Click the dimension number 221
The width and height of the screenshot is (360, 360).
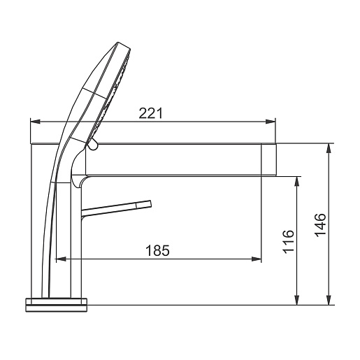(150, 113)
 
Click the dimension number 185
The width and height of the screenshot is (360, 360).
(157, 250)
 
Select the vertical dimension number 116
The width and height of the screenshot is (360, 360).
(288, 242)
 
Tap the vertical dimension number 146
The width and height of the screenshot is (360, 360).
(320, 225)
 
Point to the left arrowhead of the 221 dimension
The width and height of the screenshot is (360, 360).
(36, 122)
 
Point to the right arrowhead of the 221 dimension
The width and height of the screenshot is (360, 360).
(271, 122)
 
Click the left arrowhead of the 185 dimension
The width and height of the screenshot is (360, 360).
(62, 259)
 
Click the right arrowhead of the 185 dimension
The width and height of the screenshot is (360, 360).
(257, 259)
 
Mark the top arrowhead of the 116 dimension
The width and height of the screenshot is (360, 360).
(296, 181)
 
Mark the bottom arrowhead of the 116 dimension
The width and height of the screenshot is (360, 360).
(296, 300)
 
